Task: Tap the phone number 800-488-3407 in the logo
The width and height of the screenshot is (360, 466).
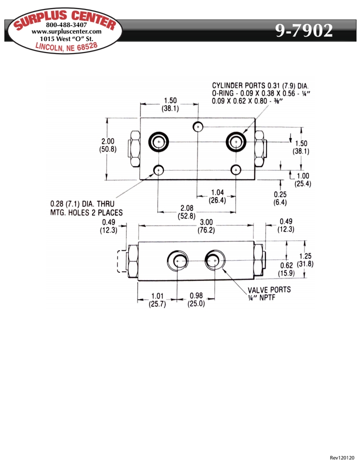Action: (x=66, y=25)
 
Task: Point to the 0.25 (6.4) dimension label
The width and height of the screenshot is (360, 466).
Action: (x=281, y=199)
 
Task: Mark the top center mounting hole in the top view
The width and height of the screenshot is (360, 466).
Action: (x=198, y=127)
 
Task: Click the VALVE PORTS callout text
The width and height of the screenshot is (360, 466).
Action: (x=269, y=290)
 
